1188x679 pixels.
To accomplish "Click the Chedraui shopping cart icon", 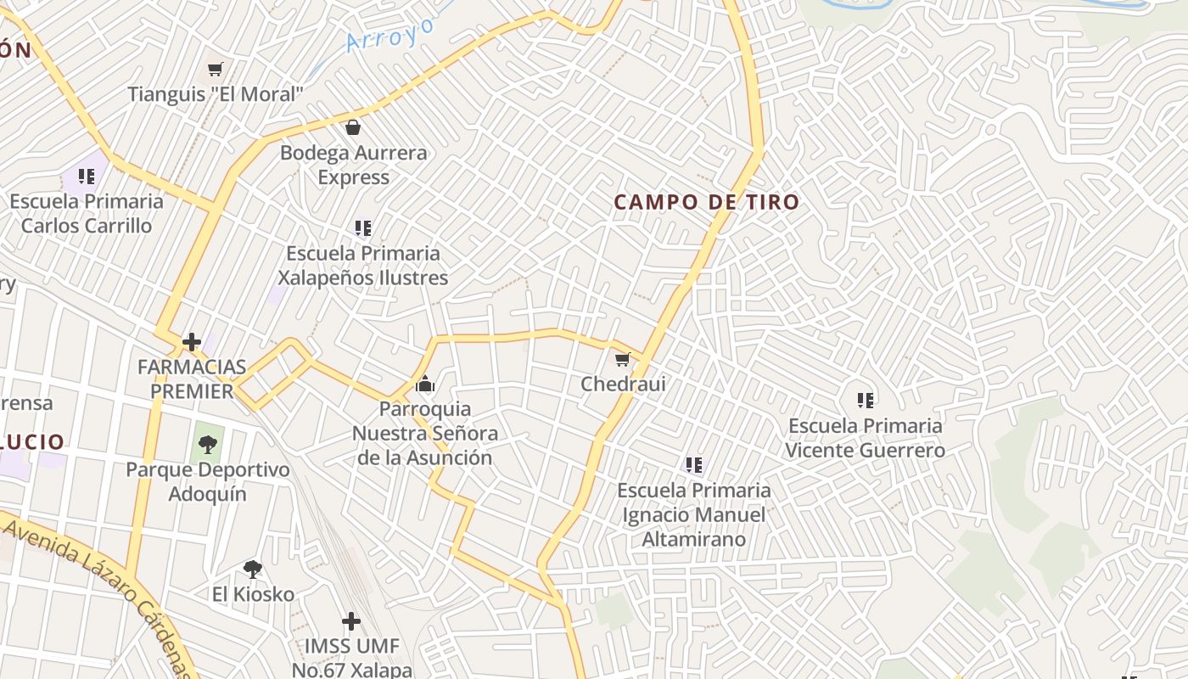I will coord(623,360).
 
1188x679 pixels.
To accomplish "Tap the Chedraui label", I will coord(623,384).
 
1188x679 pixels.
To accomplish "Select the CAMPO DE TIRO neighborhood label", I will coord(706,202).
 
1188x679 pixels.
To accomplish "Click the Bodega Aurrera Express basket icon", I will coord(353,128).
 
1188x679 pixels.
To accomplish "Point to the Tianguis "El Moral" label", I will coord(216,93).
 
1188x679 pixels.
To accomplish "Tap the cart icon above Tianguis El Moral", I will coord(216,69).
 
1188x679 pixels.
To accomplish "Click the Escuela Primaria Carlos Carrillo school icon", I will coord(87,177).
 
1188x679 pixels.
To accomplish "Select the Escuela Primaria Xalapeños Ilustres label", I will coord(363,265).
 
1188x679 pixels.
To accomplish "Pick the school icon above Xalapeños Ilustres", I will coord(363,228).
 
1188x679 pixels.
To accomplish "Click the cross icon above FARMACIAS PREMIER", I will coord(192,343).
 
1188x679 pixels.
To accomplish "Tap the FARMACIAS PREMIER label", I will coord(192,379).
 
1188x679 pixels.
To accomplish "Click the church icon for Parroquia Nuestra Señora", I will coord(425,384).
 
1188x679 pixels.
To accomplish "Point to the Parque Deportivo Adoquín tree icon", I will coord(208,445).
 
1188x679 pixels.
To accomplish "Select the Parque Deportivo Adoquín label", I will coord(208,481).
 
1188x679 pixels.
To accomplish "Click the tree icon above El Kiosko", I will coord(252,570).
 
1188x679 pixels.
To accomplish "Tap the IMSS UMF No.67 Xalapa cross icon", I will coord(351,622).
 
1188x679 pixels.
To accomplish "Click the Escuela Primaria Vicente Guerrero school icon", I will coord(865,400).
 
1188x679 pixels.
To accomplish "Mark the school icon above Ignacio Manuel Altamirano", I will coord(694,465).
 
